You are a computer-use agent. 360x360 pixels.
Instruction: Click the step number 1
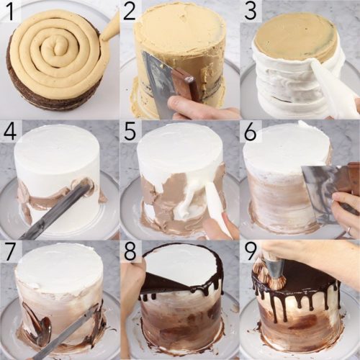(9, 11)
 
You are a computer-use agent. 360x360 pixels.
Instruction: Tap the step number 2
(130, 11)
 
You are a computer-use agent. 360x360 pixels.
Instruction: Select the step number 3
(250, 11)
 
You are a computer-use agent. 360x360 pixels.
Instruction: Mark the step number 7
(9, 251)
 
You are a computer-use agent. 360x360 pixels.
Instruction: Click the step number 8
(130, 251)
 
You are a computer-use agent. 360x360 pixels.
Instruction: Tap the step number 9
(250, 251)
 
